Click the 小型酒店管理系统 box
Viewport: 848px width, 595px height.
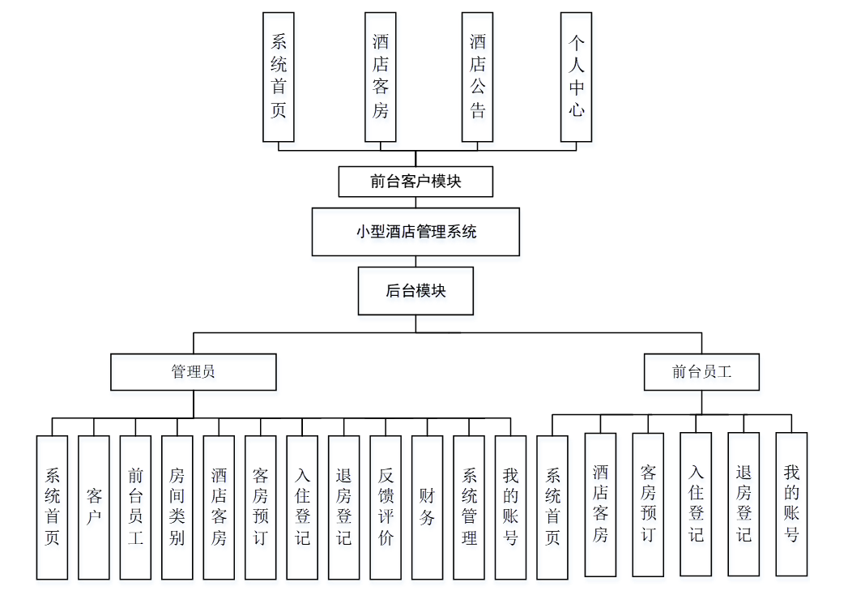(415, 232)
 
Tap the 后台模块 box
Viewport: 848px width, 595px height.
(415, 291)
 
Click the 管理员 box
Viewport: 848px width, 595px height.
(193, 372)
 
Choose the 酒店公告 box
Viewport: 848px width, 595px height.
(477, 76)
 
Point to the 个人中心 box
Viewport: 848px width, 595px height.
(576, 76)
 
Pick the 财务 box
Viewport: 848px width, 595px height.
(427, 507)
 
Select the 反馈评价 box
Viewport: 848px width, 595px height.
(386, 507)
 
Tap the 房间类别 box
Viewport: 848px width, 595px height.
(177, 507)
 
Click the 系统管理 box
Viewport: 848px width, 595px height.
(469, 507)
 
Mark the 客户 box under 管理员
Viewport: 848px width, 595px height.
(94, 507)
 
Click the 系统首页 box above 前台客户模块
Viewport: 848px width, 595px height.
(279, 76)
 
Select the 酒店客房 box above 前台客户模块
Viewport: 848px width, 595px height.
(380, 76)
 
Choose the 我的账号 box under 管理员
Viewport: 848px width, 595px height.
(510, 507)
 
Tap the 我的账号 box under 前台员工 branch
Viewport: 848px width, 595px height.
(791, 503)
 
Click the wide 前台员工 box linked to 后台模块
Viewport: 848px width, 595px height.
(701, 372)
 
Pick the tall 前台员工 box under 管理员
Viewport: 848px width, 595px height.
(135, 507)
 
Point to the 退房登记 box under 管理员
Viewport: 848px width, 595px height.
(343, 507)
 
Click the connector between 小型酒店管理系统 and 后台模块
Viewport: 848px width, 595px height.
(415, 262)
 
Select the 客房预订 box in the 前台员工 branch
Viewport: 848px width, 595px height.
(648, 503)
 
